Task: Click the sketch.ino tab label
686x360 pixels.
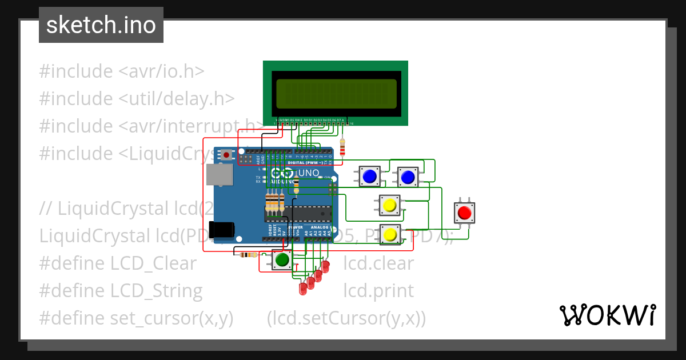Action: (101, 25)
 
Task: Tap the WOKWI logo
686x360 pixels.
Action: (607, 315)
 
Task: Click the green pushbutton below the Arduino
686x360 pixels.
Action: (282, 260)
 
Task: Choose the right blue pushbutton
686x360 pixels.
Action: (408, 178)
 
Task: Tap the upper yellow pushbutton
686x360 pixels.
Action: (390, 205)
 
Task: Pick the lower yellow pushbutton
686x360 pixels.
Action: (390, 234)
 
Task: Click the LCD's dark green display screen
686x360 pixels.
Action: (336, 94)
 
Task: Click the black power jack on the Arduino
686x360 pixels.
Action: (221, 229)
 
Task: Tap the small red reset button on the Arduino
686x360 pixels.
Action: (227, 155)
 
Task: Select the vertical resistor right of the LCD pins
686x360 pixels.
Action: (342, 147)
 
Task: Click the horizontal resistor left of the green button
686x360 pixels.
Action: (248, 255)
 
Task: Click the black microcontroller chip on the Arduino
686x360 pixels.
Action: (298, 213)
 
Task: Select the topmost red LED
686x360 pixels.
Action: (325, 266)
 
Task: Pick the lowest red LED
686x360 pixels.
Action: (303, 289)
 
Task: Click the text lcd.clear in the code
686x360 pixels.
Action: (378, 263)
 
